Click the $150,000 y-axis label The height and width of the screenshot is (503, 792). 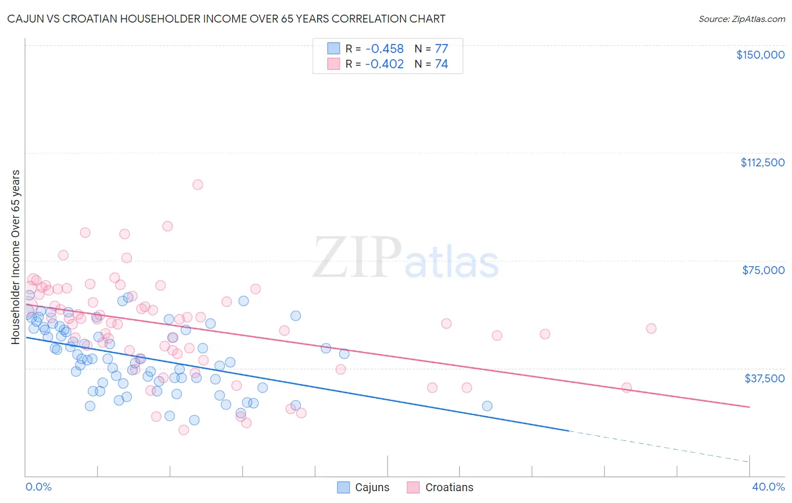[760, 55]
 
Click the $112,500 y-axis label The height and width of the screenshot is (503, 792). [762, 162]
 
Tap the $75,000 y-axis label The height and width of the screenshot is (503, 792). [763, 270]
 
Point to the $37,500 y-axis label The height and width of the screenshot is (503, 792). [764, 378]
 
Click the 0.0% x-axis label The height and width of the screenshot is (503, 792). [38, 487]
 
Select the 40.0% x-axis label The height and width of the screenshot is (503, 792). [768, 487]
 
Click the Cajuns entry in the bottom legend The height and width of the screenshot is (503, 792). [372, 487]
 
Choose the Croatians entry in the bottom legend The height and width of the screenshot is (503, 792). [449, 487]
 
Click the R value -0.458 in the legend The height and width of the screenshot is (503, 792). [384, 48]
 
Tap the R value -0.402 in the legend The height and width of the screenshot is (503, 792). [384, 64]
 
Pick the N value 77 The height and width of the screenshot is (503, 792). [441, 48]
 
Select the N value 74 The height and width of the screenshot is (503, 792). [441, 64]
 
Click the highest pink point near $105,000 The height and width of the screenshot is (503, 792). [198, 184]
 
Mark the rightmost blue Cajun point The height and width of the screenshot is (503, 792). [487, 406]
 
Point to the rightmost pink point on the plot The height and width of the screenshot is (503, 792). [651, 328]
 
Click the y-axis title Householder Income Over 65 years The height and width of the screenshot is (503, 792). [16, 257]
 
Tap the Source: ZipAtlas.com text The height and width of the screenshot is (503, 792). [741, 19]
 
